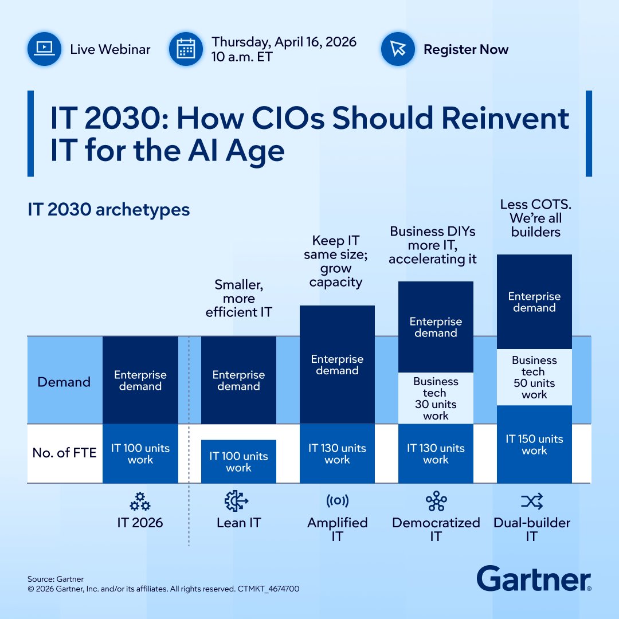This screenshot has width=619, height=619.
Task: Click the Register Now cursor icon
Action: [x=397, y=49]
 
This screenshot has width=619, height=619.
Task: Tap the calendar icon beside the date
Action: [x=185, y=49]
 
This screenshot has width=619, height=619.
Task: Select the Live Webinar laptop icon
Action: [x=44, y=49]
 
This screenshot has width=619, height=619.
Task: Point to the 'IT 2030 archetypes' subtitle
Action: [x=108, y=210]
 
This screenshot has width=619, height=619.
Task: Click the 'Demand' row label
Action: [x=64, y=382]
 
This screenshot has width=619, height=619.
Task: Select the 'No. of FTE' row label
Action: [x=64, y=453]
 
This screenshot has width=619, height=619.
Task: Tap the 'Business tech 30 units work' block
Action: [x=436, y=398]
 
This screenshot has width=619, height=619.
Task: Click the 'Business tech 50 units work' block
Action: [x=534, y=377]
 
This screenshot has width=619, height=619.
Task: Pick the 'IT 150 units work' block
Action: [x=534, y=444]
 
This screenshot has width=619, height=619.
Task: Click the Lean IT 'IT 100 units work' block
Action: [x=238, y=461]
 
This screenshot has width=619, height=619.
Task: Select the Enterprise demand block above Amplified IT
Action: [x=337, y=365]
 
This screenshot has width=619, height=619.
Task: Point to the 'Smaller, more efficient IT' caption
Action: [x=238, y=298]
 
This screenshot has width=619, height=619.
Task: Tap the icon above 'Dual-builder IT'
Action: [x=532, y=502]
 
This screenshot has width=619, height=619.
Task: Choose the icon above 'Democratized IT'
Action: [x=436, y=502]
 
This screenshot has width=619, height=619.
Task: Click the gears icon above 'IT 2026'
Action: [x=140, y=502]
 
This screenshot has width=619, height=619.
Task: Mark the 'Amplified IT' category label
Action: [x=337, y=529]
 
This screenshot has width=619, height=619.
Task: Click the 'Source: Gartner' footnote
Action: [x=55, y=579]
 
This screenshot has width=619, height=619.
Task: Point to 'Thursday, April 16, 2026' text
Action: [x=284, y=42]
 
